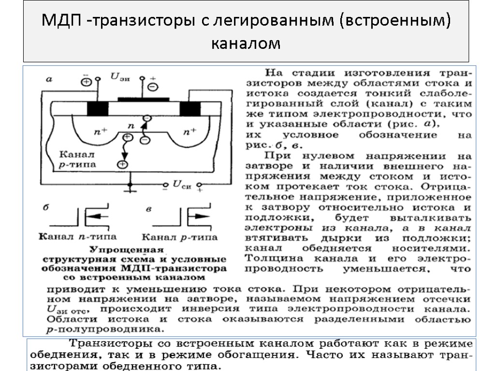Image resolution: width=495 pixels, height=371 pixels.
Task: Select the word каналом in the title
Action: coord(246,43)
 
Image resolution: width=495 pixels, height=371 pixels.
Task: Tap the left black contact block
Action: coord(98,109)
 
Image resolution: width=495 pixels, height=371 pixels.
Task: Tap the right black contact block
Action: coord(190,109)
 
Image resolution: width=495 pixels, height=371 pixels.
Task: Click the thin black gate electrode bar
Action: coord(144,100)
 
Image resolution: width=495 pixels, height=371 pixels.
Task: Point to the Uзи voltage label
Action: coord(120,77)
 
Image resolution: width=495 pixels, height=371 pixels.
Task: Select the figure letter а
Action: coord(48,80)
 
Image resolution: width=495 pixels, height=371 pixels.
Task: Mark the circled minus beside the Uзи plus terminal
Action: coord(153,86)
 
